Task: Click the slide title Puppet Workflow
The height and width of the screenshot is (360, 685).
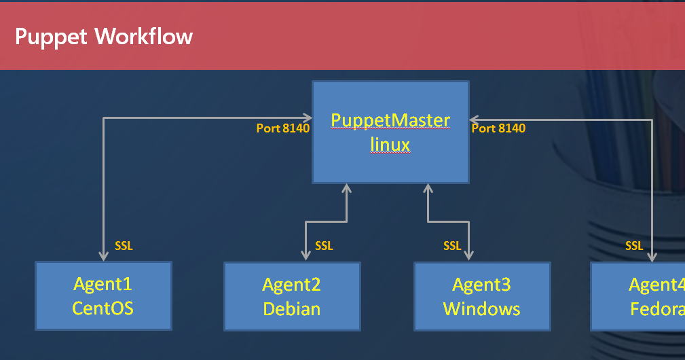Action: click(x=104, y=36)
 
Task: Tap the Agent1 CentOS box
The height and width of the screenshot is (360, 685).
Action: click(x=103, y=296)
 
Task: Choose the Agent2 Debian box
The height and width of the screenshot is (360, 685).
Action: click(x=292, y=296)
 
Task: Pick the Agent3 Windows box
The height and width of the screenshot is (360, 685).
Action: click(x=482, y=296)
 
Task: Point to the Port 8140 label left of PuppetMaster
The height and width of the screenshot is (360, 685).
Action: click(x=282, y=128)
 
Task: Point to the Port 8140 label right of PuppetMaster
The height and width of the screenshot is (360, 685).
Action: click(x=498, y=128)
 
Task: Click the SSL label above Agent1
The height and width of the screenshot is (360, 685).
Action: click(x=124, y=246)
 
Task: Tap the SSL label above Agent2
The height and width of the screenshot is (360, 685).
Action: click(x=324, y=246)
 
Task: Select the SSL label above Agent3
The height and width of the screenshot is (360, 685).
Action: click(x=452, y=246)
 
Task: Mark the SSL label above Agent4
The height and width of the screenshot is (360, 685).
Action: click(x=634, y=246)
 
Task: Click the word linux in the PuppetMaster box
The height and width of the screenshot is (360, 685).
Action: click(x=390, y=144)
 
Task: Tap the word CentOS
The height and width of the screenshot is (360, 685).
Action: click(x=103, y=308)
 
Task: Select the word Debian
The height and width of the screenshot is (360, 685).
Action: click(x=292, y=308)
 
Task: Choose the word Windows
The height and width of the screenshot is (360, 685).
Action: click(x=482, y=308)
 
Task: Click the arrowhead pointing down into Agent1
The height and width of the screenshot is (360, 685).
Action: click(x=103, y=256)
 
